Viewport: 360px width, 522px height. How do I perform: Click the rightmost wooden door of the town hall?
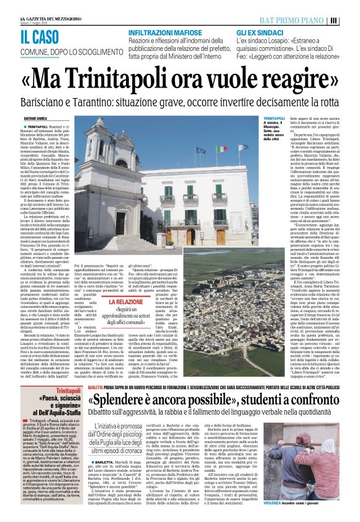pos(220,237)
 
